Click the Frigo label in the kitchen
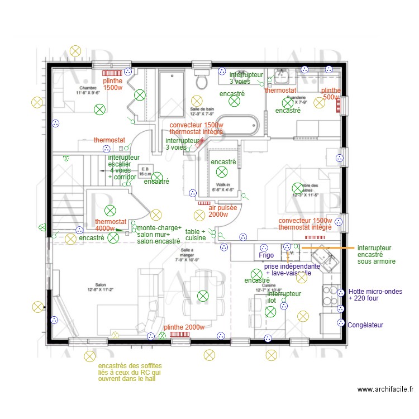pos(266,255)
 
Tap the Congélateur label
pos(365,325)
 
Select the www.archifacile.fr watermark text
pos(385,389)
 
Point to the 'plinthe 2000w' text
pos(184,327)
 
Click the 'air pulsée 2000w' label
pos(222,211)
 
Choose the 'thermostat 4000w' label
pos(111,225)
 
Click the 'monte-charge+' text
pos(159,228)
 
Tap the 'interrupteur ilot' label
pos(284,297)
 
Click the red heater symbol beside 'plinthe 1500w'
pos(112,73)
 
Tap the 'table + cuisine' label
pos(196,235)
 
